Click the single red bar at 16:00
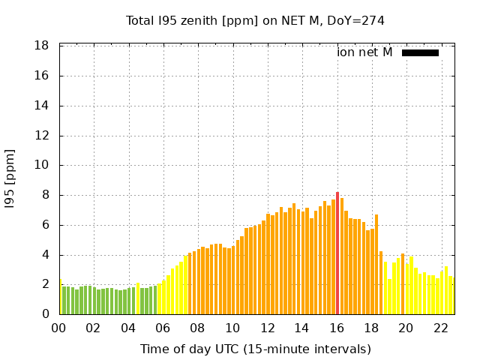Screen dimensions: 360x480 pyautogui.click(x=337, y=253)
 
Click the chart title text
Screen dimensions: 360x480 pyautogui.click(x=255, y=20)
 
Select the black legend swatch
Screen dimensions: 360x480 pyautogui.click(x=420, y=52)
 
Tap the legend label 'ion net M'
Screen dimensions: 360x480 pyautogui.click(x=364, y=52)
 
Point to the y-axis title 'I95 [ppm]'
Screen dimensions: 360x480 pyautogui.click(x=10, y=180)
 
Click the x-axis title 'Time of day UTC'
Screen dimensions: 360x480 pyautogui.click(x=255, y=349)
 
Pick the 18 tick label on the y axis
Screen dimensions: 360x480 pyautogui.click(x=42, y=46)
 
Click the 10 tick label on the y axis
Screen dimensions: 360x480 pyautogui.click(x=42, y=165)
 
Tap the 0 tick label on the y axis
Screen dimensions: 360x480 pyautogui.click(x=46, y=314)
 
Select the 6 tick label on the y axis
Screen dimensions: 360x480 pyautogui.click(x=46, y=225)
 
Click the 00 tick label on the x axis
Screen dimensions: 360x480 pyautogui.click(x=58, y=328)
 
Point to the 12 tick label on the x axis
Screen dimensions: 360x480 pyautogui.click(x=267, y=328)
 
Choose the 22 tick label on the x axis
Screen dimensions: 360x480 pyautogui.click(x=441, y=328)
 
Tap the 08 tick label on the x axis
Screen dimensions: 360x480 pyautogui.click(x=197, y=328)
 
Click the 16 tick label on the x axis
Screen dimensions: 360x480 pyautogui.click(x=337, y=328)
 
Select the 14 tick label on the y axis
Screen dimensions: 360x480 pyautogui.click(x=42, y=106)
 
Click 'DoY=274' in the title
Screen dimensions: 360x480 pyautogui.click(x=358, y=20)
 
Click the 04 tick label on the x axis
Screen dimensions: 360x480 pyautogui.click(x=128, y=328)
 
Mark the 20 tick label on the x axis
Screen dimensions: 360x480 pyautogui.click(x=406, y=328)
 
